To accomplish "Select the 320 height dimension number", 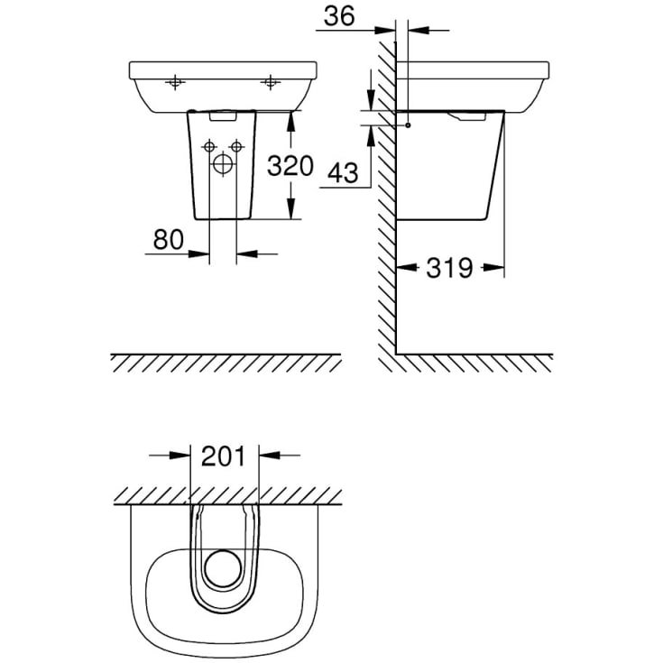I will (x=290, y=166).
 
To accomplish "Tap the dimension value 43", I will (x=340, y=173).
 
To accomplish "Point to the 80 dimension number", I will (x=169, y=239).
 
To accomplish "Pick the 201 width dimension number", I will (x=225, y=456).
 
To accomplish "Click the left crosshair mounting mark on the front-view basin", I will (x=175, y=84).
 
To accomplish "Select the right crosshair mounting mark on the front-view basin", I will (x=269, y=84).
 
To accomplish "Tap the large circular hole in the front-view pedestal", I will (x=223, y=164).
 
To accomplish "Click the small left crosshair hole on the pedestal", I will (x=209, y=146).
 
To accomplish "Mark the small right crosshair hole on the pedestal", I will (x=237, y=146).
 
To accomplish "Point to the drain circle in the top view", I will (x=223, y=566).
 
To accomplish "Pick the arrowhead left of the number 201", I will (x=186, y=456).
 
